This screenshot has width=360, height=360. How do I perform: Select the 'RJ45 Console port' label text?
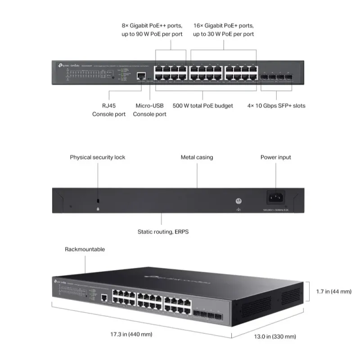click(x=109, y=110)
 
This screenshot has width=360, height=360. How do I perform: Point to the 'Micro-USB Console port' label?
click(x=149, y=110)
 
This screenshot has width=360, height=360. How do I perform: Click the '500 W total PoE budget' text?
click(x=203, y=106)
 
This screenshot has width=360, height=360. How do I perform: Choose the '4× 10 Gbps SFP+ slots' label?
click(x=276, y=106)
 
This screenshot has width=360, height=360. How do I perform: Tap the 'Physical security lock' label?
click(x=98, y=157)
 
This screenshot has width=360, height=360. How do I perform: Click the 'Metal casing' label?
click(x=197, y=157)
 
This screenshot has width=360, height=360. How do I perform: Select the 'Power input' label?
click(x=276, y=157)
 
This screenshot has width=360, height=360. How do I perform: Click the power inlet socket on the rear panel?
click(x=276, y=197)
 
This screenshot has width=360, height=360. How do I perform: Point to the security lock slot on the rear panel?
click(x=98, y=200)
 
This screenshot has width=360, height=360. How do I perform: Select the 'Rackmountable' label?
click(x=85, y=249)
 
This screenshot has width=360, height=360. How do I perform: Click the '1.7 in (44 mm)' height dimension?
click(x=333, y=292)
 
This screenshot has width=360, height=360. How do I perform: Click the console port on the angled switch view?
click(x=105, y=297)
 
